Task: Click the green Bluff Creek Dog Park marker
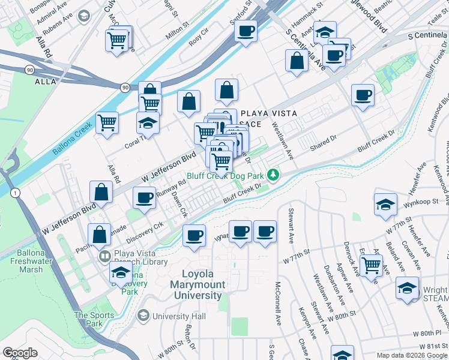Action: (x=274, y=175)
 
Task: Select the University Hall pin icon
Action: (x=143, y=316)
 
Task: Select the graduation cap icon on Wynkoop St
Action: (x=385, y=204)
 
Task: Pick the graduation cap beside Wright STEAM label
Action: (x=407, y=289)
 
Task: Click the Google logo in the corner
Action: (x=20, y=353)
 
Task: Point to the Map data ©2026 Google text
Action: (x=412, y=355)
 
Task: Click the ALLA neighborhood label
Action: (x=45, y=81)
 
